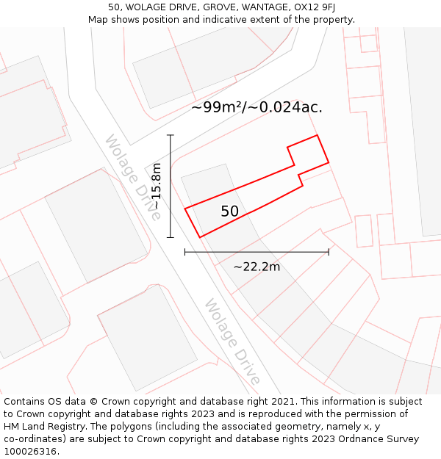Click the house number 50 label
click(230, 212)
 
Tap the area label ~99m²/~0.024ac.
click(257, 107)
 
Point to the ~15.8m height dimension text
click(156, 187)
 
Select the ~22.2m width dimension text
click(257, 267)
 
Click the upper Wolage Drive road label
click(133, 177)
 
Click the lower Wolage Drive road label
click(232, 341)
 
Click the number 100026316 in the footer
click(32, 452)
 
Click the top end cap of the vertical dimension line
click(171, 135)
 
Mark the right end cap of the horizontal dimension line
click(329, 252)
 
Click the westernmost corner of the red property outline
click(184, 209)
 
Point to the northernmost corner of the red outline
click(317, 135)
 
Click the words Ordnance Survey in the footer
click(380, 439)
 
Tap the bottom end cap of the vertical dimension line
click(171, 237)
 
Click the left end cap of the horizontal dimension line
click(184, 252)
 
